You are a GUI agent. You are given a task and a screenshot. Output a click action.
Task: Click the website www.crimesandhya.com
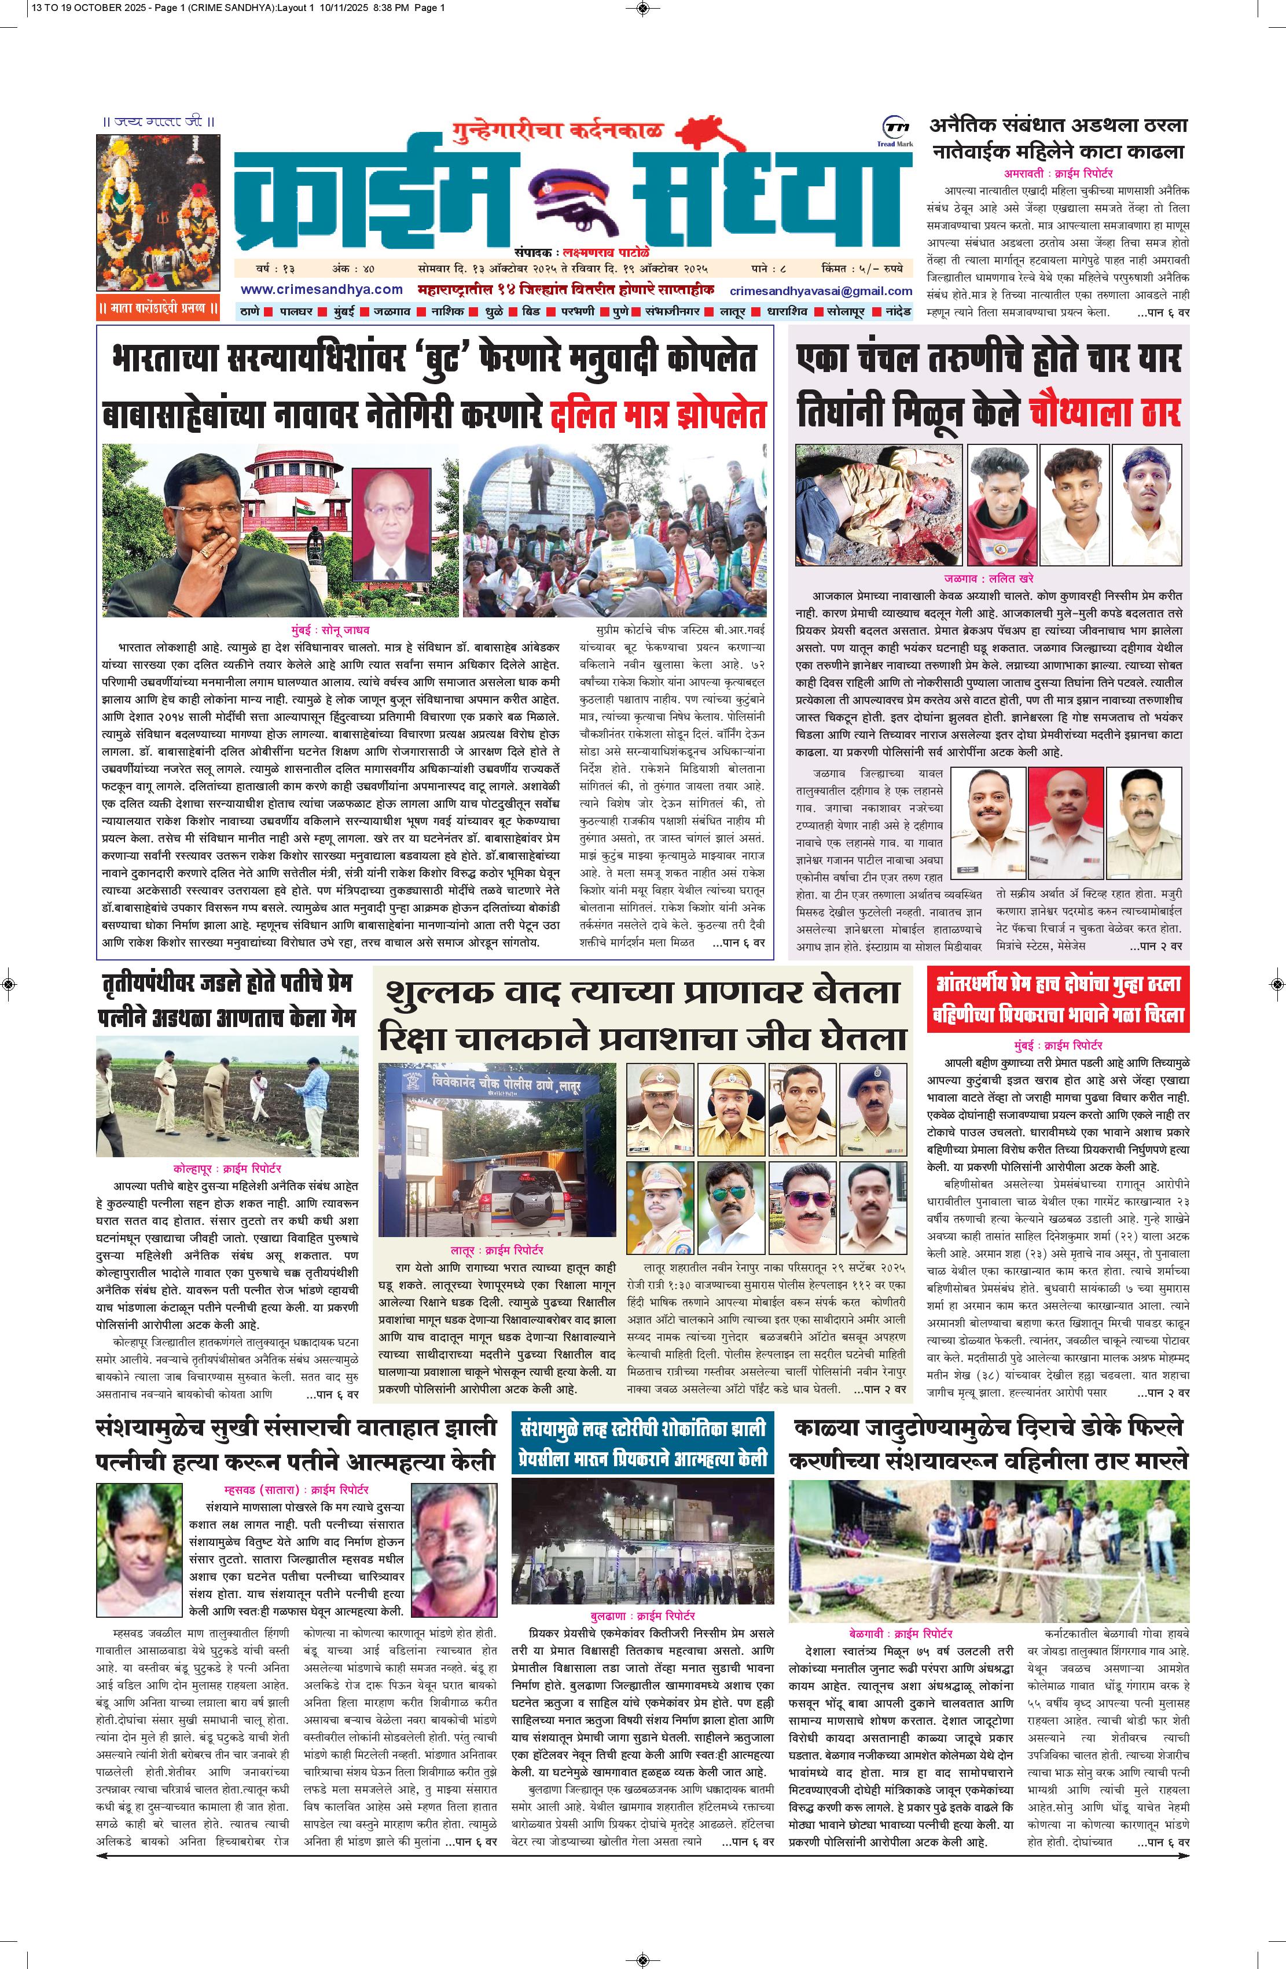click(x=322, y=289)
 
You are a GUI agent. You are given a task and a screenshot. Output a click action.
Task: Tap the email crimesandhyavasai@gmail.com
click(x=820, y=291)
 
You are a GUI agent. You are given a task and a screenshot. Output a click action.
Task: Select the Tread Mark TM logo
click(x=895, y=128)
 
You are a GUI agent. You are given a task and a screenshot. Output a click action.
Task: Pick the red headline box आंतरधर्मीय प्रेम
click(x=1057, y=999)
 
